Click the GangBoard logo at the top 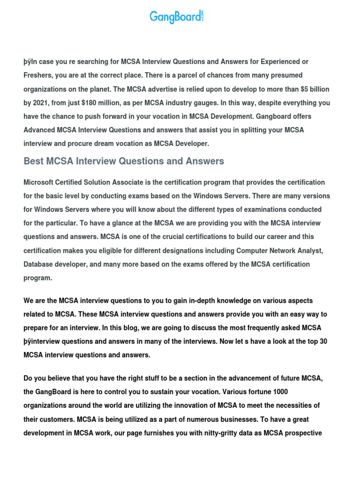pos(177,17)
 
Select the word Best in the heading pos(34,161)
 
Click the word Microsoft pos(39,182)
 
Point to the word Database pos(39,264)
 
